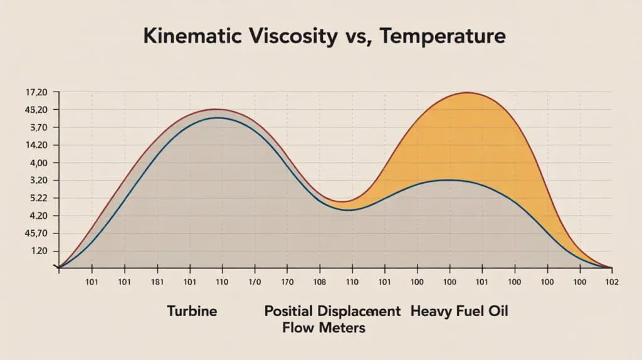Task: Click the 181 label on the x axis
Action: (157, 282)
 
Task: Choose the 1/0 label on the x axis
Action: (255, 282)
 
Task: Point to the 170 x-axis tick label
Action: (287, 282)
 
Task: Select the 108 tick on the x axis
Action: (320, 282)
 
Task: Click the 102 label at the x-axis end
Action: (612, 282)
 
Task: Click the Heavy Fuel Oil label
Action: (460, 311)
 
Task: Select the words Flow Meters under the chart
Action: (324, 327)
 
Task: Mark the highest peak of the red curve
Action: (467, 93)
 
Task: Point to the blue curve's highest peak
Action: (217, 117)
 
